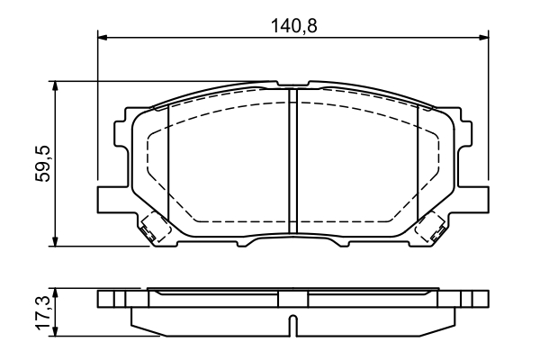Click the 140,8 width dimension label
pos(293,26)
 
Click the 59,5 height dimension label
pos(43,164)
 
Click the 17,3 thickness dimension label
pos(43,312)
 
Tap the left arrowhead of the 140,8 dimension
pos(103,37)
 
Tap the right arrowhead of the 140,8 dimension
pos(483,37)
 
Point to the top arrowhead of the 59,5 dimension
pos(54,86)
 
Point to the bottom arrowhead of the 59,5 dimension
pos(54,241)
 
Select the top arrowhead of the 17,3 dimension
pos(54,293)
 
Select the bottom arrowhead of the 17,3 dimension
pos(54,331)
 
